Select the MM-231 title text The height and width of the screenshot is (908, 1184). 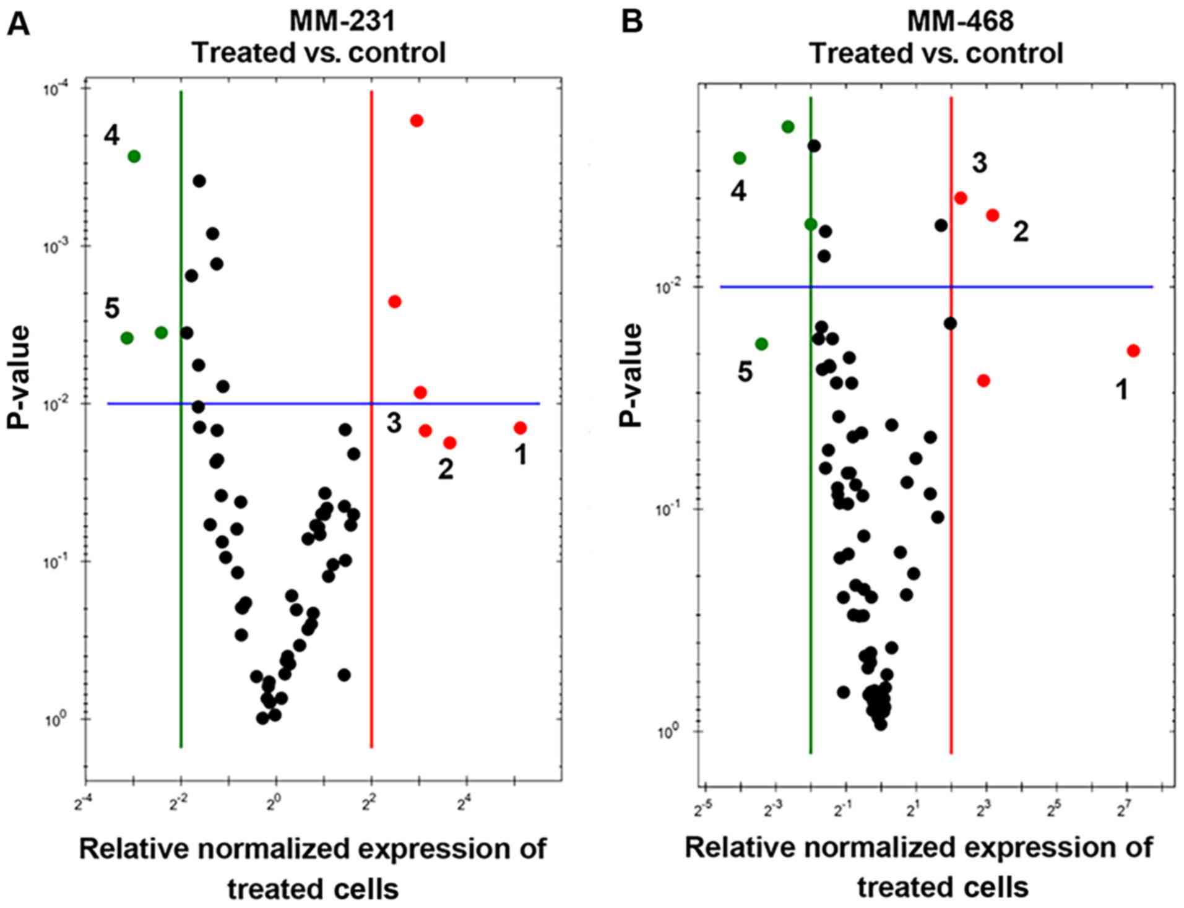click(342, 22)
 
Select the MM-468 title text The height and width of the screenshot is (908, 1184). click(960, 22)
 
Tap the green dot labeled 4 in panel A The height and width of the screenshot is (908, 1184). click(134, 157)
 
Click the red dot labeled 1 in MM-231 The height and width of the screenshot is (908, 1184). click(520, 428)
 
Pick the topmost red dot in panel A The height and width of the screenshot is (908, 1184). click(417, 120)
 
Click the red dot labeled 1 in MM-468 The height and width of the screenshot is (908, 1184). click(1133, 351)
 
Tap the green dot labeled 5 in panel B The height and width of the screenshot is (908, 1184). click(761, 344)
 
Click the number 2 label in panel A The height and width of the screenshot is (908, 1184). click(446, 469)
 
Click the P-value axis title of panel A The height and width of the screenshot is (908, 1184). click(20, 378)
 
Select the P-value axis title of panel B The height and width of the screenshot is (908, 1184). click(631, 375)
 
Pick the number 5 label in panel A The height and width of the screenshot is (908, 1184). click(112, 308)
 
